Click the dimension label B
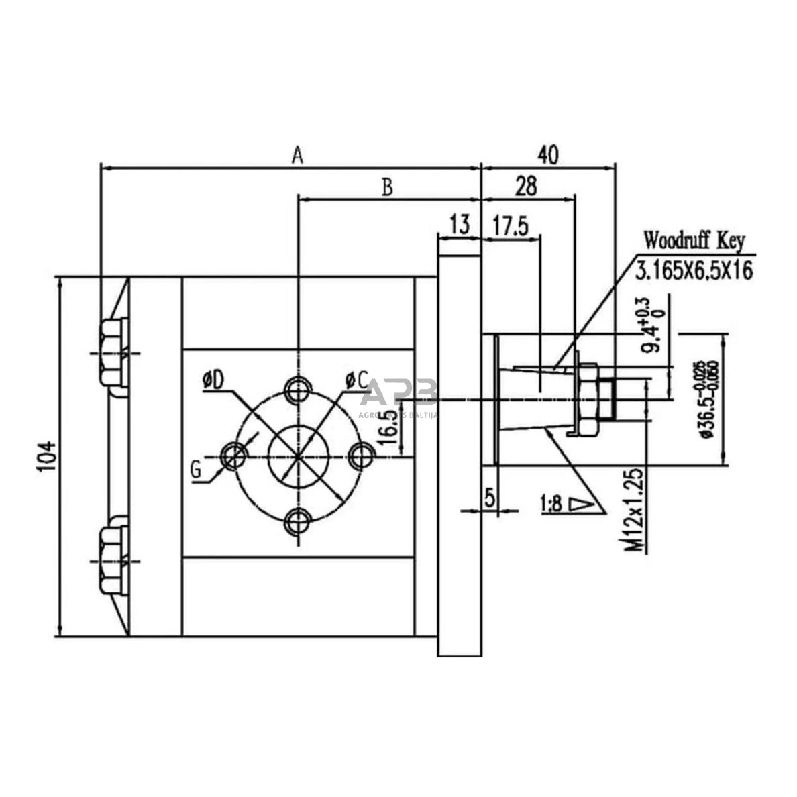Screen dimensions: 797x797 [x=387, y=188]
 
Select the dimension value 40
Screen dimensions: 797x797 [x=547, y=155]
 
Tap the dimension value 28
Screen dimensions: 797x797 [x=528, y=187]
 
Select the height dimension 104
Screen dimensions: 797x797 [x=45, y=458]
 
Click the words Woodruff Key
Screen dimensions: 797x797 [x=694, y=240]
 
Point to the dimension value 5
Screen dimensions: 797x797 [x=489, y=498]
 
